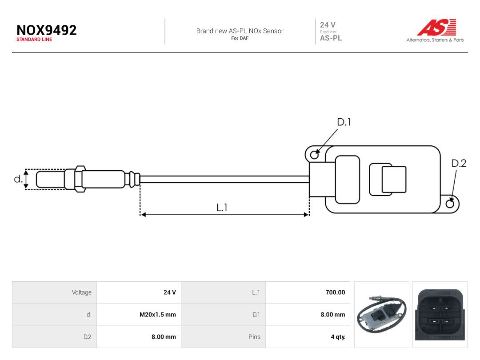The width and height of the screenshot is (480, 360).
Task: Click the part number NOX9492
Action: tap(47, 30)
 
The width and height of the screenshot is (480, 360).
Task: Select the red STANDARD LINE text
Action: tap(34, 40)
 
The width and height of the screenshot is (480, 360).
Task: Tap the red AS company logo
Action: tap(437, 28)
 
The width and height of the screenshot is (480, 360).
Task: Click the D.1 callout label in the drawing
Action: tap(344, 122)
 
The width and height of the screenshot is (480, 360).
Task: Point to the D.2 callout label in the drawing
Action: tap(459, 163)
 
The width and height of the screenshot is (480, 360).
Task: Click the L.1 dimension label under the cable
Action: tap(222, 208)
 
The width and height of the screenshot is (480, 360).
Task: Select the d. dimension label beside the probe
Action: tap(18, 179)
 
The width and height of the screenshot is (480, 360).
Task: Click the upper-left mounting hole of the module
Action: tap(314, 155)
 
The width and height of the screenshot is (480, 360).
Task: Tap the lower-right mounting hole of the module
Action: tap(450, 204)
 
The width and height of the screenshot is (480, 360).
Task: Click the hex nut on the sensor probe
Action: tap(80, 179)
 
